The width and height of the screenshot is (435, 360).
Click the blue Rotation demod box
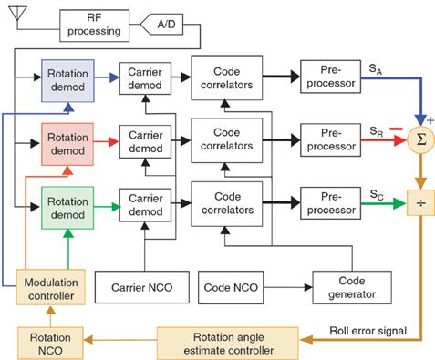(x=68, y=78)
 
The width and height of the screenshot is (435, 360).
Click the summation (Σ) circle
(x=421, y=139)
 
